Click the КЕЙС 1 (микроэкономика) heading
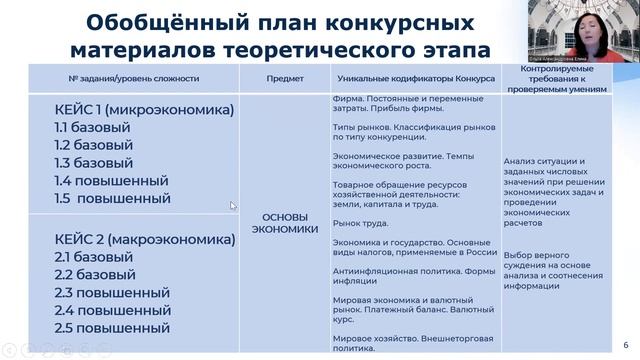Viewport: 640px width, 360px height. (144, 109)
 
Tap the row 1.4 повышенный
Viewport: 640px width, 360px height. (112, 180)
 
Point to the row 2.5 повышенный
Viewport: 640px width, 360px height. (112, 327)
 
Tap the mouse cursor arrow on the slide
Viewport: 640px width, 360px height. (234, 206)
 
